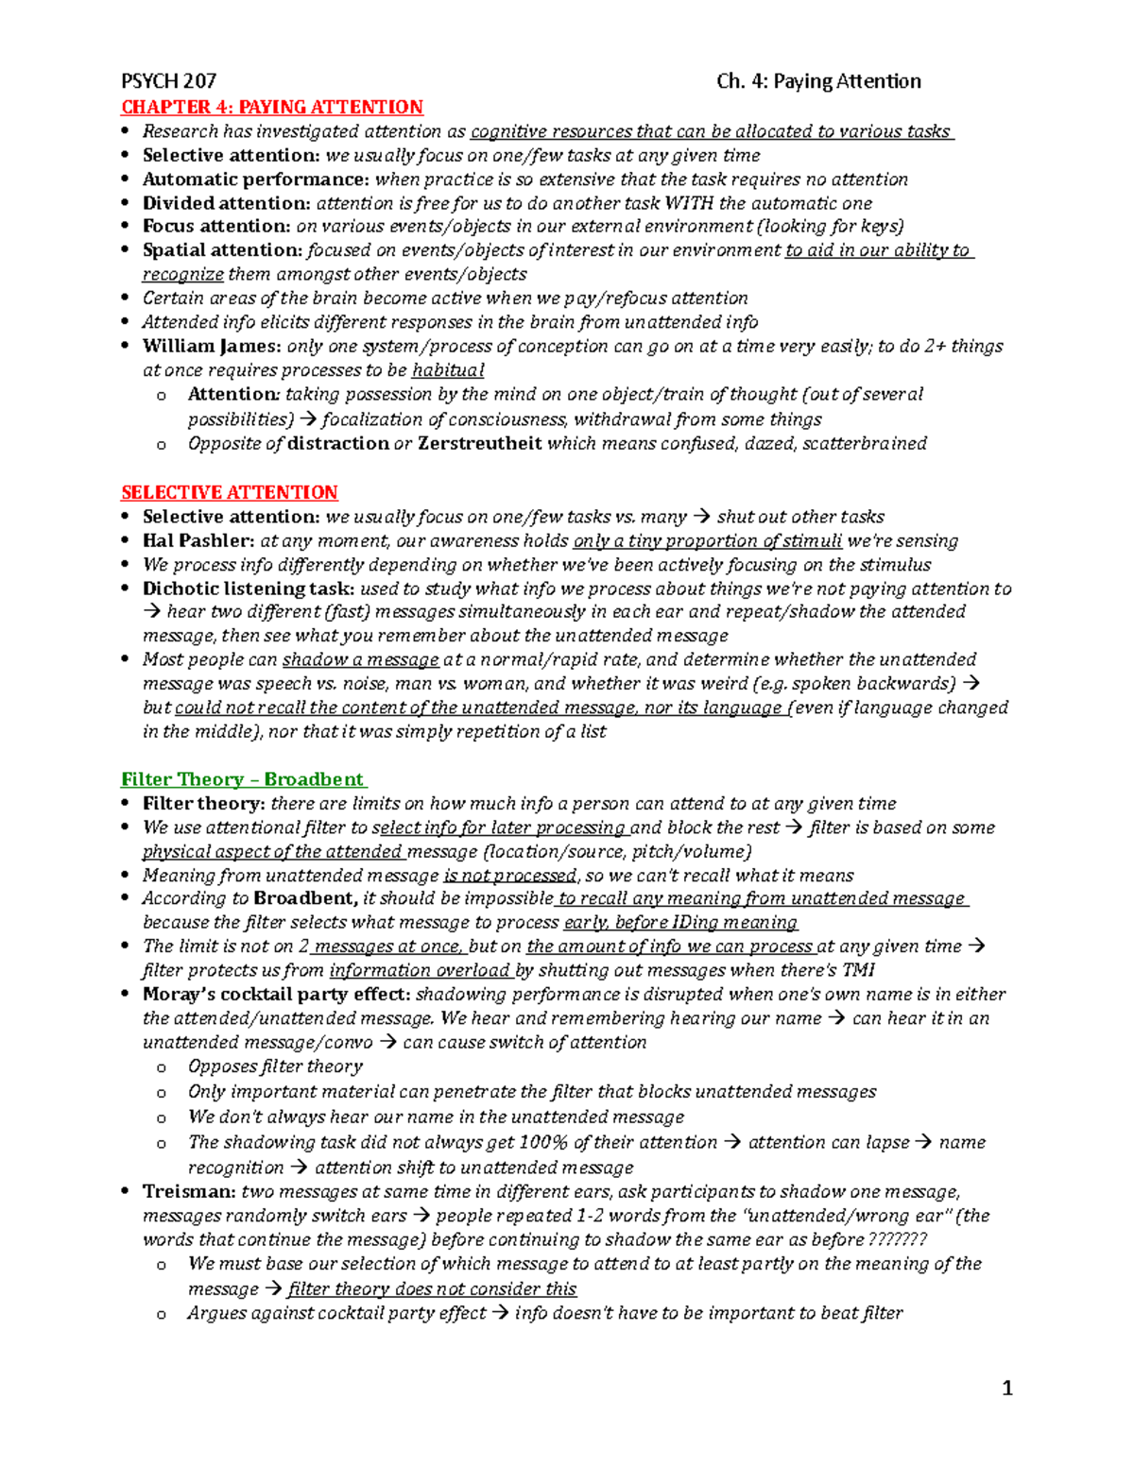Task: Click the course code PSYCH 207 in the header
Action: coord(169,81)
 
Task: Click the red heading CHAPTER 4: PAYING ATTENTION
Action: coord(272,107)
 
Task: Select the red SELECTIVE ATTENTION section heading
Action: coord(230,492)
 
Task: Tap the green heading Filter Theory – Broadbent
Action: coord(243,779)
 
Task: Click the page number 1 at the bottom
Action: coord(1006,1388)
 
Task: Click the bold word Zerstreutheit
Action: coord(480,443)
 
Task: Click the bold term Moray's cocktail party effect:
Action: coord(276,994)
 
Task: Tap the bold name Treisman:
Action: coord(188,1191)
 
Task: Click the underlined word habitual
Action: coord(448,370)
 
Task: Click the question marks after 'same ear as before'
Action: coord(897,1239)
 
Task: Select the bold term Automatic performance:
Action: coord(255,179)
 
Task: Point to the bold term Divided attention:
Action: coord(226,203)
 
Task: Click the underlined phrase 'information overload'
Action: coord(420,970)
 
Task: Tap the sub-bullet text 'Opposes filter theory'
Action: coord(275,1066)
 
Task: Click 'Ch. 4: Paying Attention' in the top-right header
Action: coord(818,81)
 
